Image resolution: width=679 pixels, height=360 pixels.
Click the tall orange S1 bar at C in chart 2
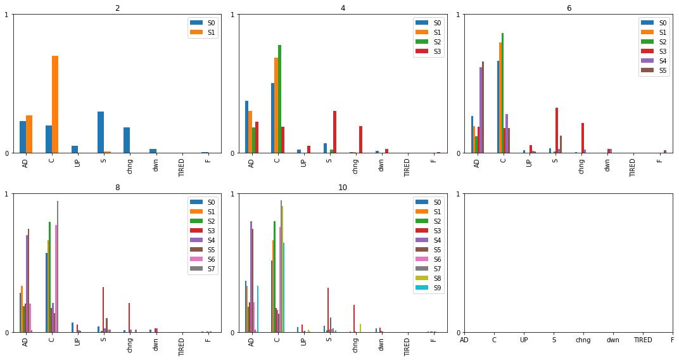(55, 104)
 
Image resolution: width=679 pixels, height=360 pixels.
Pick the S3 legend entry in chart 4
(428, 51)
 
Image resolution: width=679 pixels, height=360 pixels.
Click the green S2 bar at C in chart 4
(279, 99)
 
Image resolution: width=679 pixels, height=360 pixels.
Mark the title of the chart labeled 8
(117, 188)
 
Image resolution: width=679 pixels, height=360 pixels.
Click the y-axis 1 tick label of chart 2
(6, 15)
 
